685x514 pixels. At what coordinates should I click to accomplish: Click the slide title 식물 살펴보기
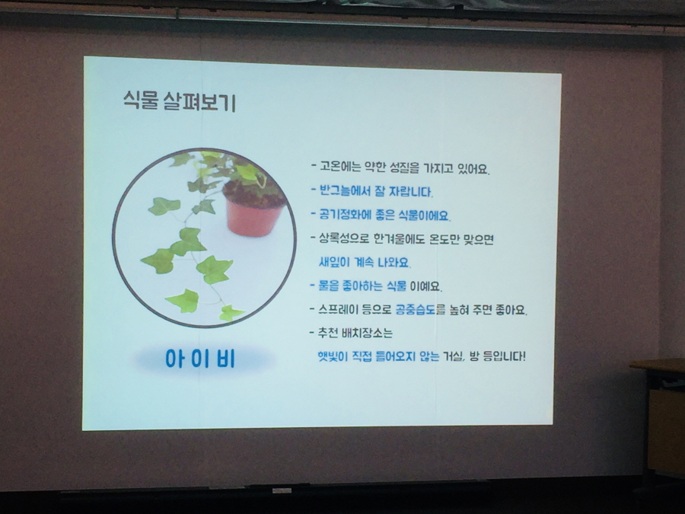point(180,101)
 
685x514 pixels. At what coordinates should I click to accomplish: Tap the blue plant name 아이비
point(200,359)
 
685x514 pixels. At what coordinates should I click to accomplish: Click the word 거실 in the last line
point(453,356)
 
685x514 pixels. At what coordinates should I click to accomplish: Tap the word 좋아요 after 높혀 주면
point(511,310)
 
